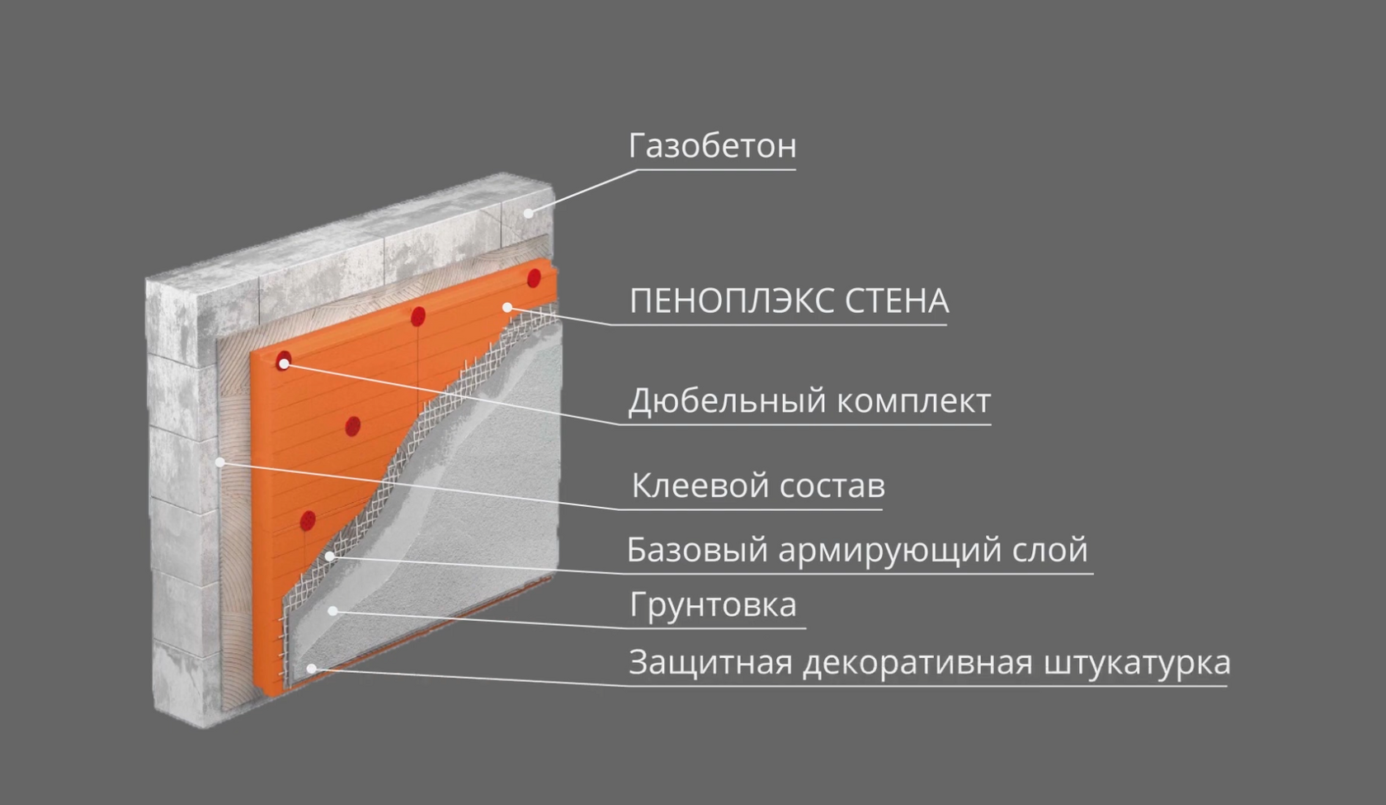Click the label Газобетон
712,146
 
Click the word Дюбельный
727,401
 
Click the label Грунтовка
713,605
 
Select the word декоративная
917,662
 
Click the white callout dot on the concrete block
528,213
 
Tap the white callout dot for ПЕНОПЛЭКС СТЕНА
507,308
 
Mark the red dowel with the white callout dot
284,362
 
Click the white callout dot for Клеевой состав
220,462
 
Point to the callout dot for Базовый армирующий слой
330,556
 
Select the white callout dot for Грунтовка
332,611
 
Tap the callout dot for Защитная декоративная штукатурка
311,668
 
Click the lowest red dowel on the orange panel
308,521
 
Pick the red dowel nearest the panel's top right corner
534,277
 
